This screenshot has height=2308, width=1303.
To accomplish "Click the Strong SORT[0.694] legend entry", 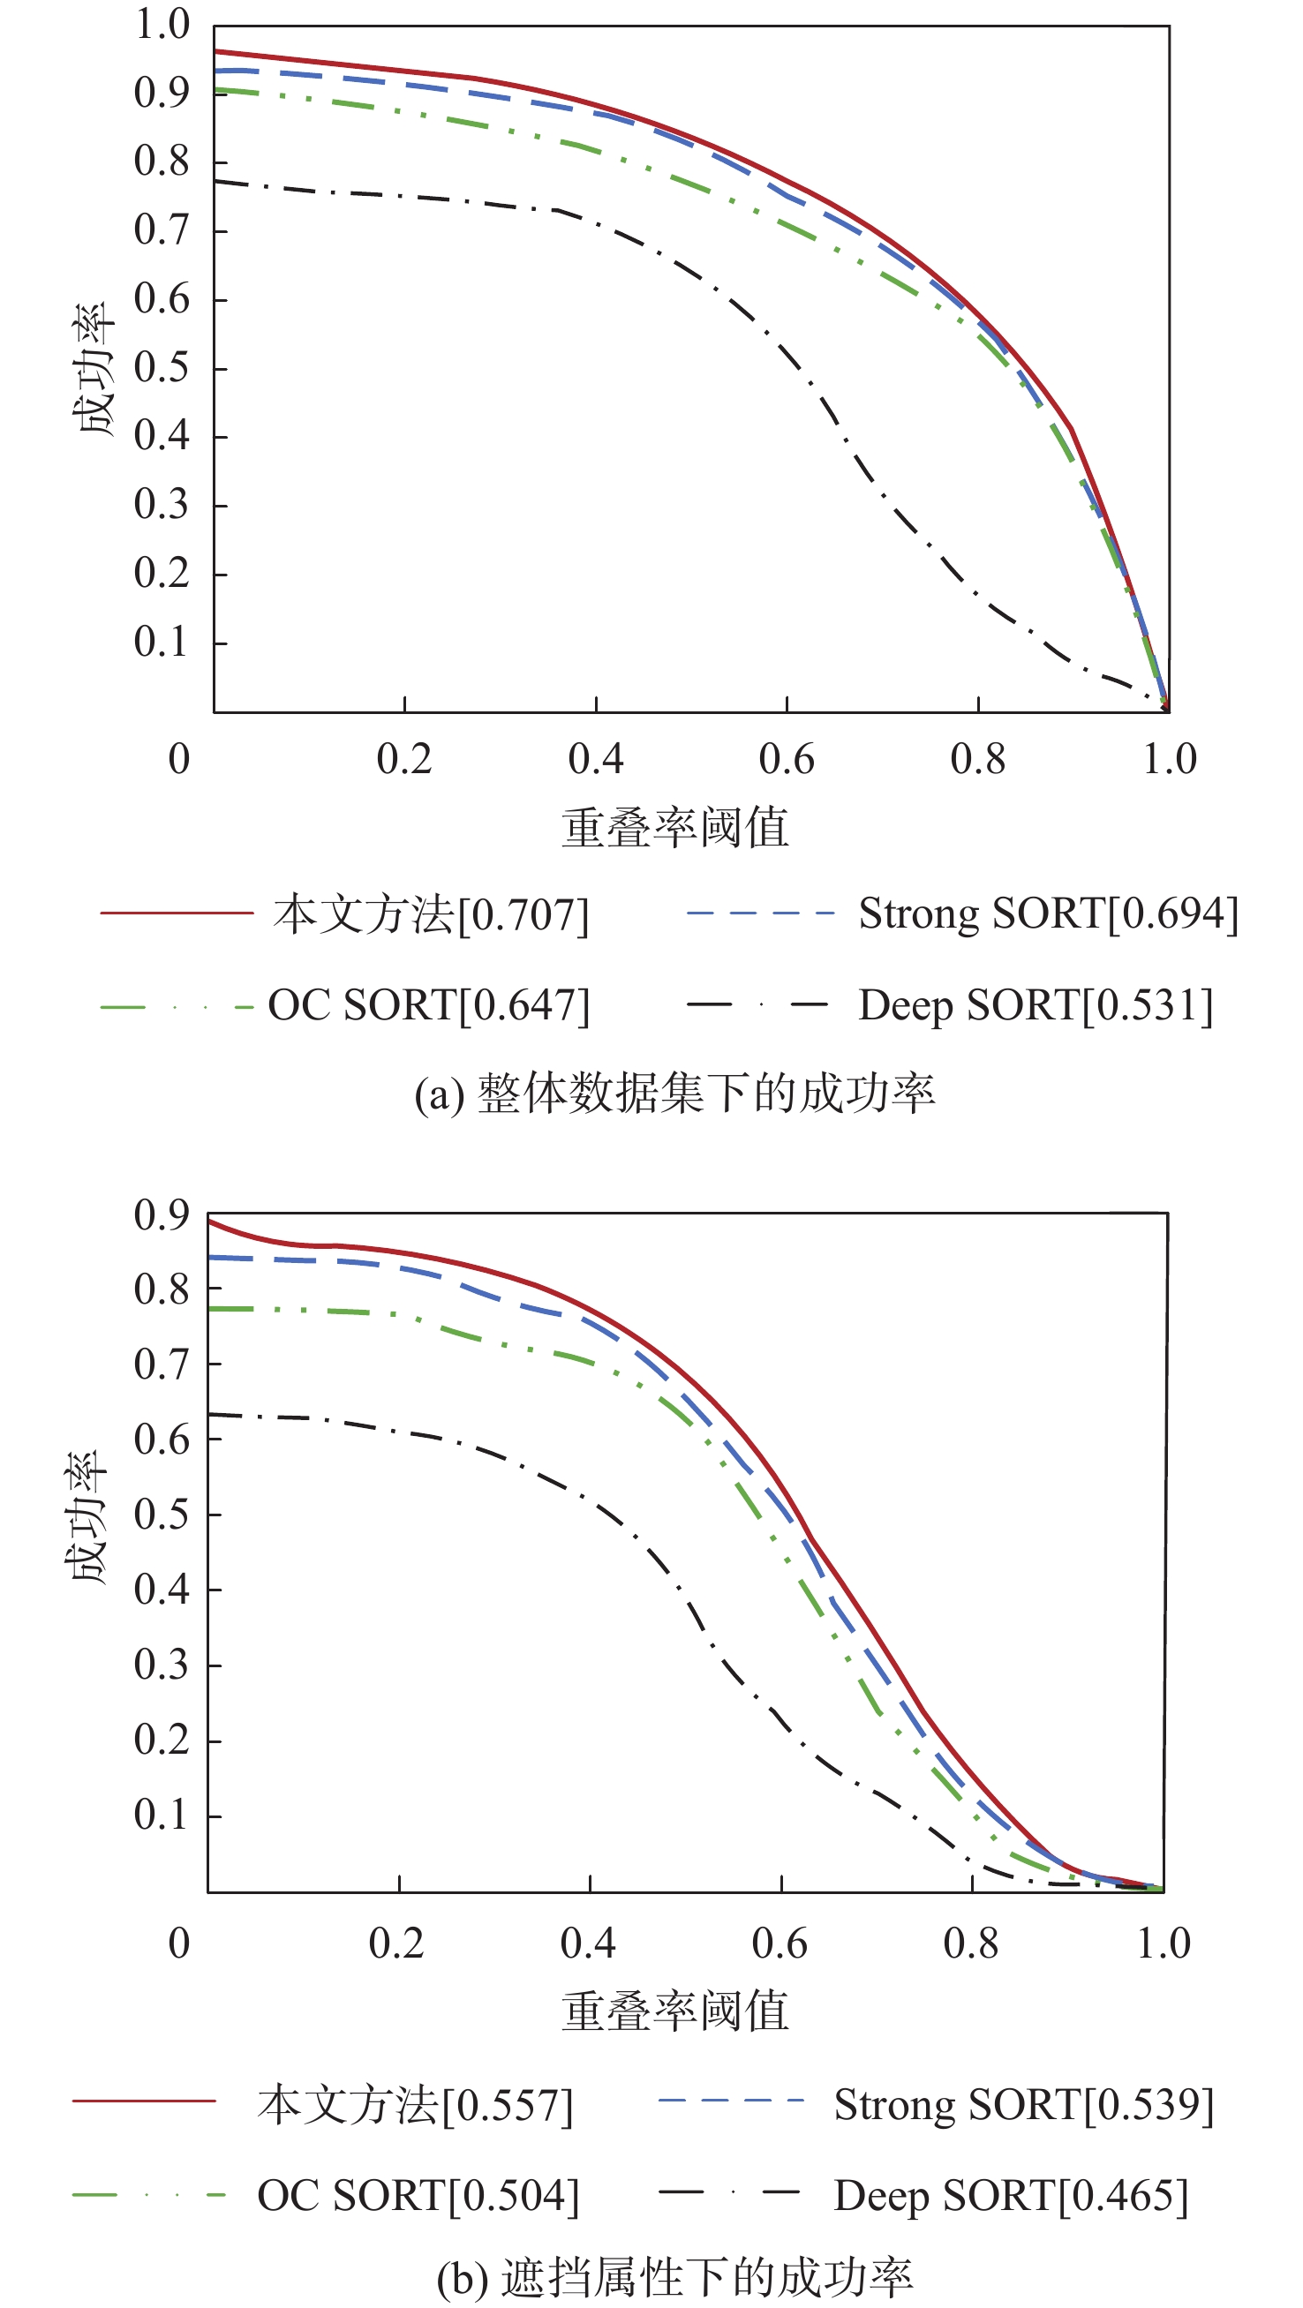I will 1048,913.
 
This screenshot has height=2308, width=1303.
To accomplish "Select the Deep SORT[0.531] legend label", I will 1035,1005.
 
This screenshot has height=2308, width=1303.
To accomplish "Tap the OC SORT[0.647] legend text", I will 428,1005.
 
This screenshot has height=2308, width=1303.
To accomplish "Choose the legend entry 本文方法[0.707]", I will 431,914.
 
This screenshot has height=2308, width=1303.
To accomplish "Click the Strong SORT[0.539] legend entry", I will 1023,2105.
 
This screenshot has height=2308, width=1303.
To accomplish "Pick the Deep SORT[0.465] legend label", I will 1011,2196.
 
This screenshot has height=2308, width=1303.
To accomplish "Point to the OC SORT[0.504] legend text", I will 418,2196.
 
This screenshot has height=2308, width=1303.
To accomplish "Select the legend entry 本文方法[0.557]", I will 415,2106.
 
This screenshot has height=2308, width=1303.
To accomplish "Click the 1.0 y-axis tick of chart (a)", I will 162,24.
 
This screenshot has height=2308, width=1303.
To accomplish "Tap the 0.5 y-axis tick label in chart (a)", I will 162,367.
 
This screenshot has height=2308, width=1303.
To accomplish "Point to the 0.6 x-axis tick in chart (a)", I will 786,760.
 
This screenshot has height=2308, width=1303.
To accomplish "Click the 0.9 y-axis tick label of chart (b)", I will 162,1215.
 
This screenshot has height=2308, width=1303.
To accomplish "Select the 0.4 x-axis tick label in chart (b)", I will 588,1944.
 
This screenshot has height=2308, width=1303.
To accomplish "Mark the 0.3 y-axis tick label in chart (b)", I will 162,1665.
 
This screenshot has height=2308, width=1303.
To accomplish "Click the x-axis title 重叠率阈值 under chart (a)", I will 674,827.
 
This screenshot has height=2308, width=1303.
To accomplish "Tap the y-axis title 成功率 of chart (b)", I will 87,1517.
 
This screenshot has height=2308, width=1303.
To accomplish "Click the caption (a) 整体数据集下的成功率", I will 674,1094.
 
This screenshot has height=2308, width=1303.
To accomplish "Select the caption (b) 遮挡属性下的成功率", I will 674,2277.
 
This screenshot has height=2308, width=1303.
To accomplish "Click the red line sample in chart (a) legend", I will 177,913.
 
